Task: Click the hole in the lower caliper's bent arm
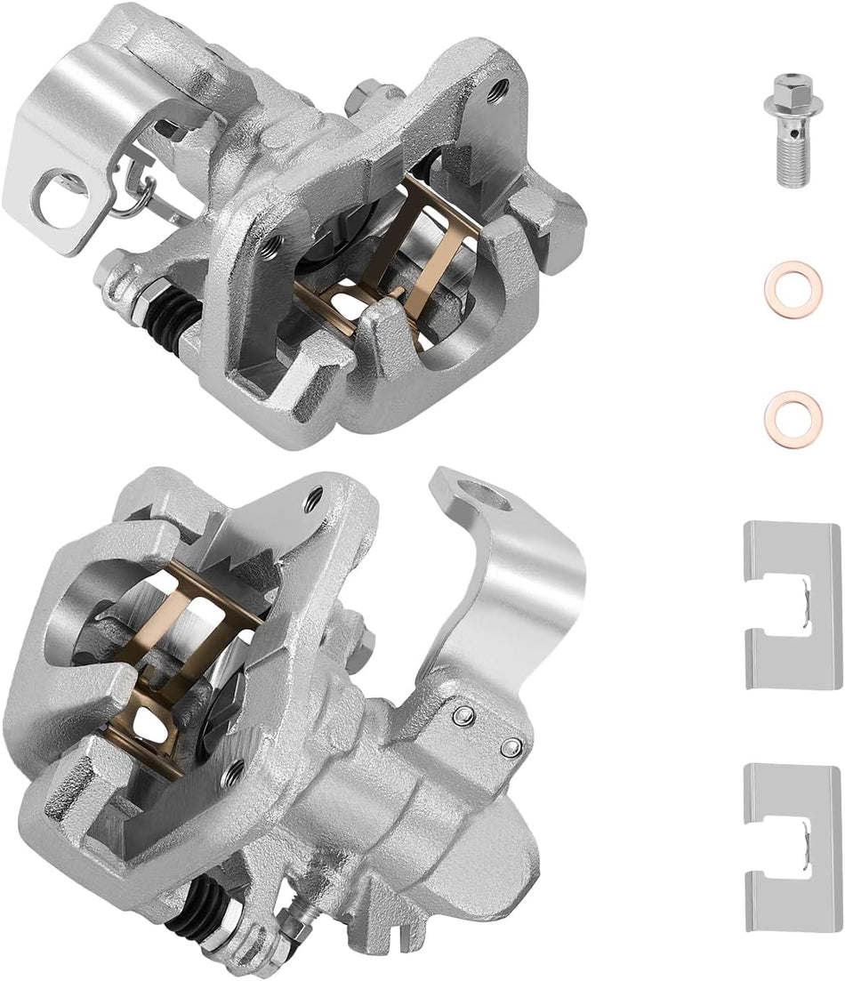coord(486,491)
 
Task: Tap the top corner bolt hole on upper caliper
coord(501,86)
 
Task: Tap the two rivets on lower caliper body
coord(485,731)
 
